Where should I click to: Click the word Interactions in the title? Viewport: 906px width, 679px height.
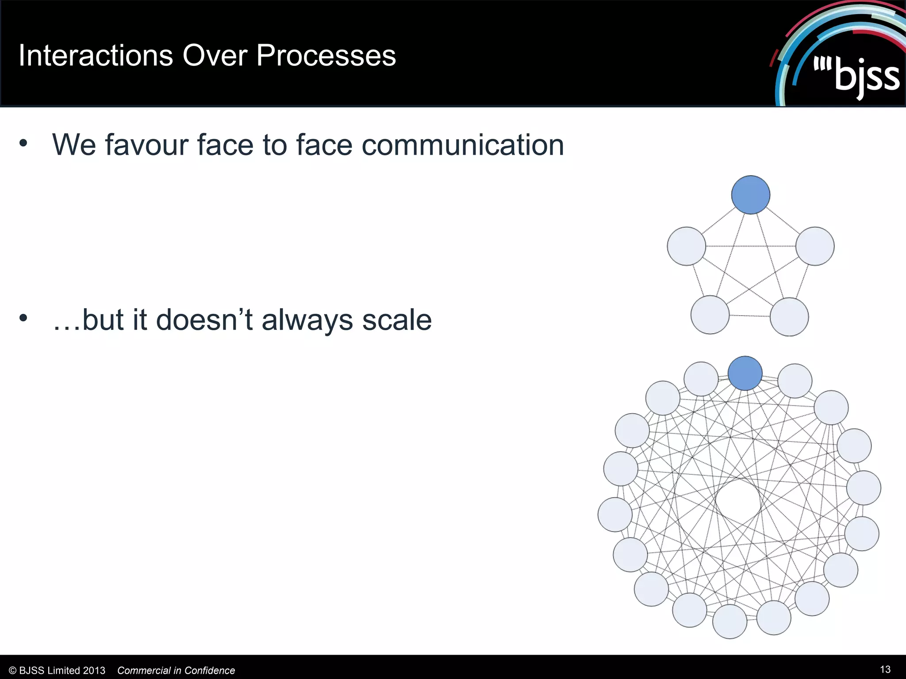96,56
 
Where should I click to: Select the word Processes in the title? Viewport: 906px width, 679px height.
326,56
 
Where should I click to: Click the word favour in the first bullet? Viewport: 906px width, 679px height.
147,145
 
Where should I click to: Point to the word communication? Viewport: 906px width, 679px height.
462,145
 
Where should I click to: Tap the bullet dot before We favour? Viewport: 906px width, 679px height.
23,143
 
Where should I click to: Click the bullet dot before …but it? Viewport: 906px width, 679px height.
23,317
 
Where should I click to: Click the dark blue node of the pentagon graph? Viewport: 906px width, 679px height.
750,195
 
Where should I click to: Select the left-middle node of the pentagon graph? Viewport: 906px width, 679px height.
686,246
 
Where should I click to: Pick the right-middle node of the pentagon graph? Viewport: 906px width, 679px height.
815,246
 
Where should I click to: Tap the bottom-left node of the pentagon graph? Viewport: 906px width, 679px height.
710,315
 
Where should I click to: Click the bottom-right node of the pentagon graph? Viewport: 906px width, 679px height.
789,317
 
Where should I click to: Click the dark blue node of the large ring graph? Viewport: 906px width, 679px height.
745,373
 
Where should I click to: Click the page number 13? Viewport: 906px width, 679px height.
885,669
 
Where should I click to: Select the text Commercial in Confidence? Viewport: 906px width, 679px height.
176,671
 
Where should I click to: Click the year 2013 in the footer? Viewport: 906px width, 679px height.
94,671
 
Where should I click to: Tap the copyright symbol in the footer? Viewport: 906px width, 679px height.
12,671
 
